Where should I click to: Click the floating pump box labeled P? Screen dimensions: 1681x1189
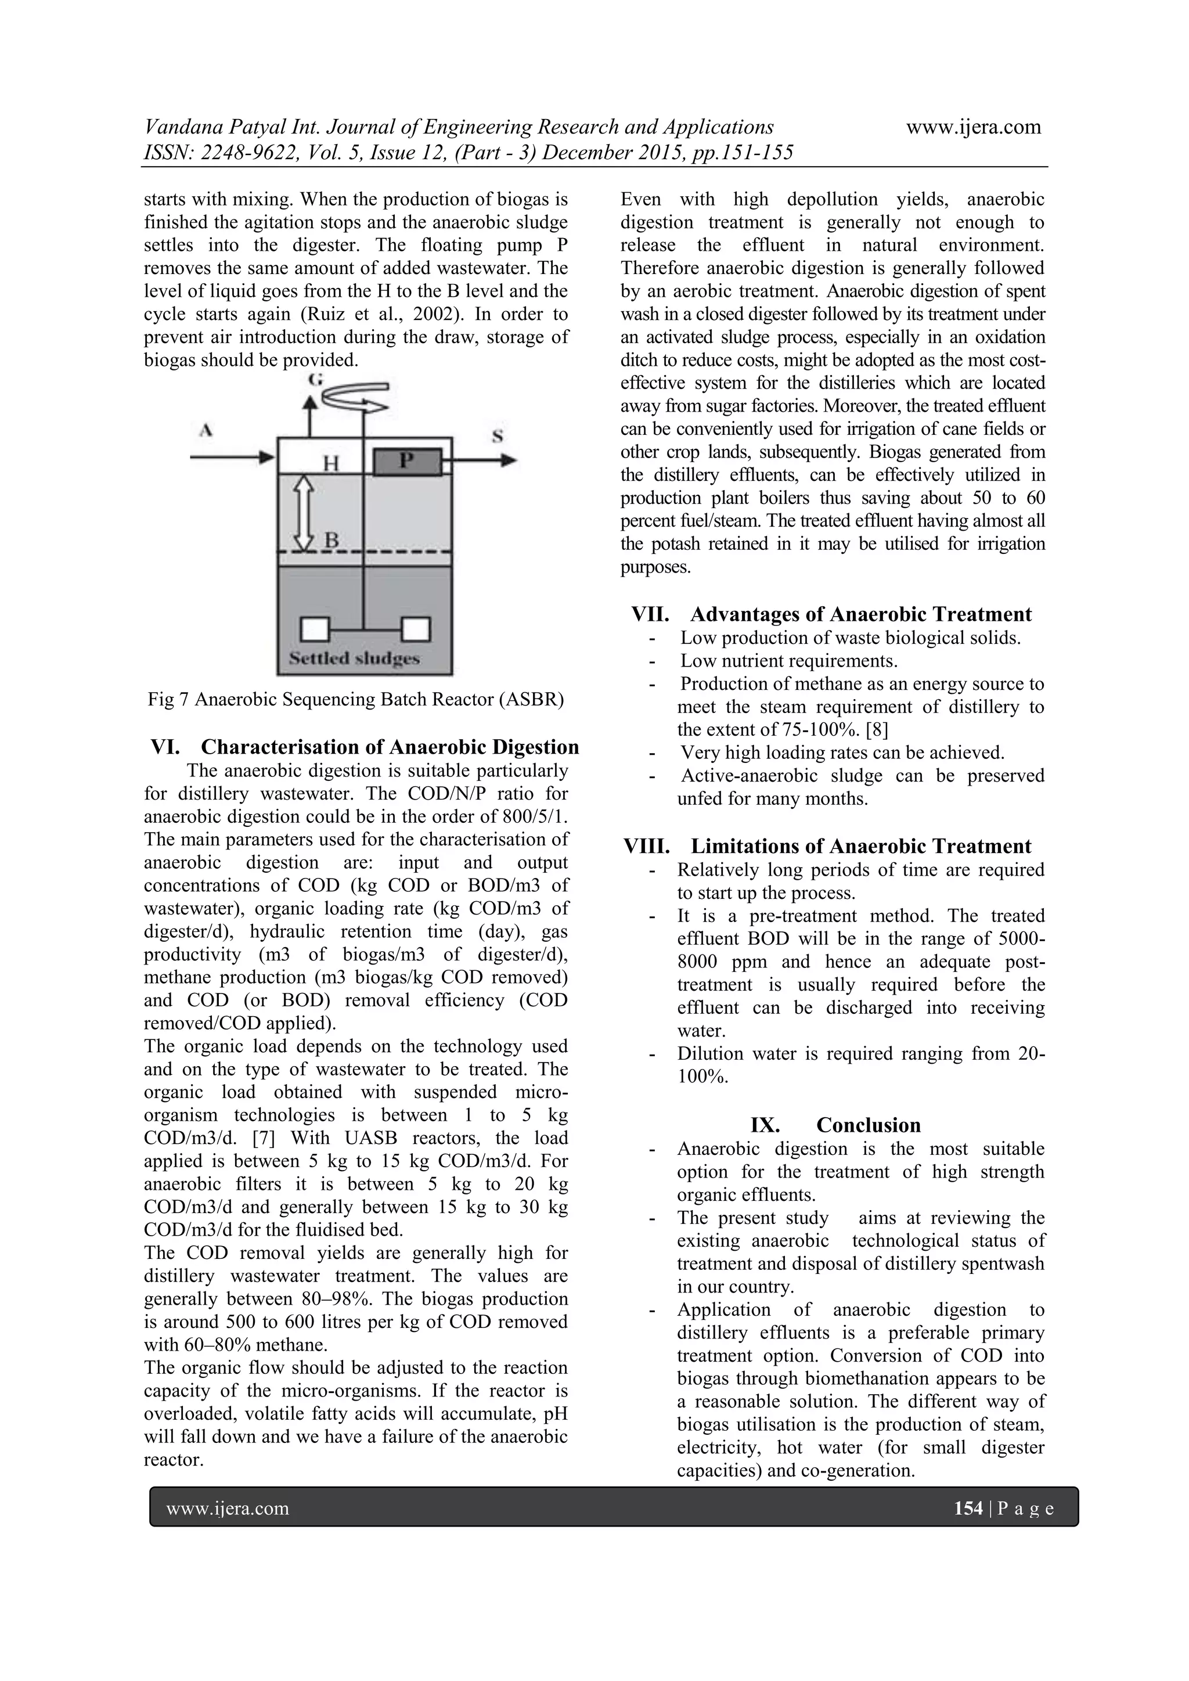click(x=408, y=462)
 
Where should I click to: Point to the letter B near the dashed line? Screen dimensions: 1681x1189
click(x=331, y=541)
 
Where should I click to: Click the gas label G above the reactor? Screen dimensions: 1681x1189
click(x=316, y=379)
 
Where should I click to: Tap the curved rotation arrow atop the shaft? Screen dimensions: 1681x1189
click(x=356, y=396)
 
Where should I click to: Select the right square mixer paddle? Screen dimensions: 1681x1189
click(x=415, y=629)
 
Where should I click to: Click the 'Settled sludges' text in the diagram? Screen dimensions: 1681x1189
click(x=355, y=657)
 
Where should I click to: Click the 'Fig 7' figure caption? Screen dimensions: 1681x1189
click(x=356, y=699)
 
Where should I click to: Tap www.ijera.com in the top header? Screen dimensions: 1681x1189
click(x=973, y=127)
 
